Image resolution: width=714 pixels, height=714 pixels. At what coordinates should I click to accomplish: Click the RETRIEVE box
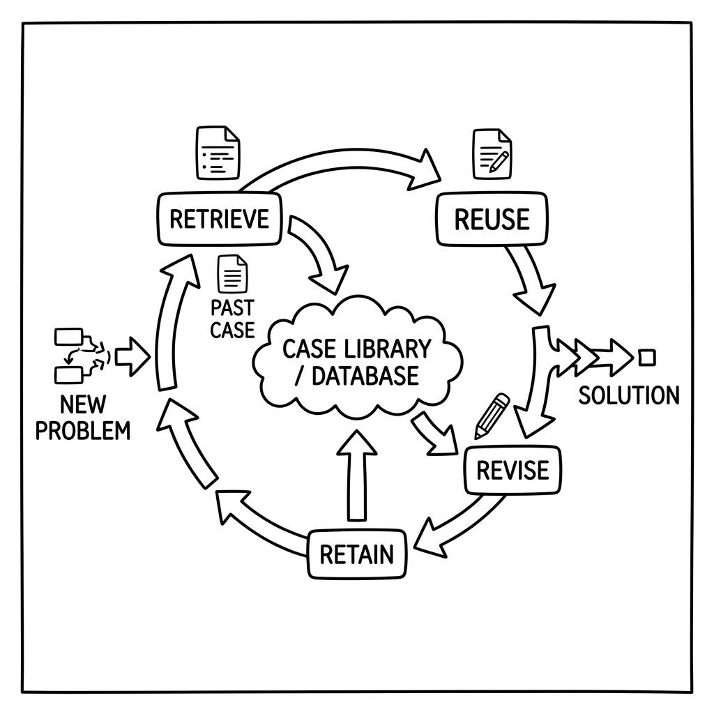click(219, 219)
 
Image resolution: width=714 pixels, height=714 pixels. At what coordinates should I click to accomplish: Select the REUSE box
click(492, 219)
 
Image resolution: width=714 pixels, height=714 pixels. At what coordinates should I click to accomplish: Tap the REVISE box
click(512, 471)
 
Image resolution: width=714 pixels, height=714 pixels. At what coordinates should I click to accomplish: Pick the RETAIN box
click(357, 554)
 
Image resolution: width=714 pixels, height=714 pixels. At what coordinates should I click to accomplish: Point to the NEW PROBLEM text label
click(83, 418)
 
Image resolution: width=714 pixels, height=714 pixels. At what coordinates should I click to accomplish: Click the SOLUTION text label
click(629, 395)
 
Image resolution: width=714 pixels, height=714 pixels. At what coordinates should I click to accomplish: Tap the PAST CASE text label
click(232, 319)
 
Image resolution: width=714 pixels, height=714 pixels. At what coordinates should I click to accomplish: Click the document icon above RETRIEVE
click(218, 153)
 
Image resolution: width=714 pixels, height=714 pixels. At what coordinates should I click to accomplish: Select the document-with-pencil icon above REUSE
click(492, 155)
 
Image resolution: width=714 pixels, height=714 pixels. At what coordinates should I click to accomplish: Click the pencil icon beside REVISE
click(492, 416)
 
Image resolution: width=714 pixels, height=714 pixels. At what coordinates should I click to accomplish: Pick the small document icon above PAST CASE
click(233, 273)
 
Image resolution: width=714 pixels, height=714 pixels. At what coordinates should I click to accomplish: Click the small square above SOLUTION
click(646, 358)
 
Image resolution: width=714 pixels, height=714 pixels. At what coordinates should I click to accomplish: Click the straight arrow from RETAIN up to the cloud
click(356, 475)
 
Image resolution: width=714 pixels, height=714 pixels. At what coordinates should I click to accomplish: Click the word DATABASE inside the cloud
click(365, 376)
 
